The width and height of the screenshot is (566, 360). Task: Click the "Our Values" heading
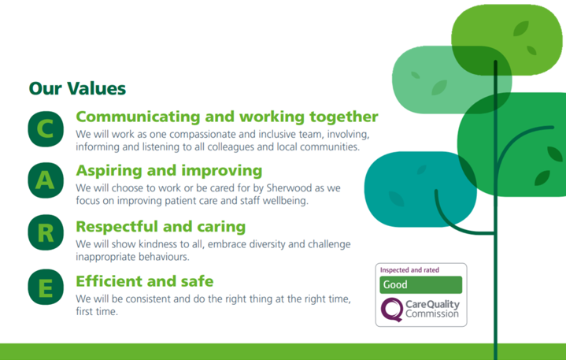77,88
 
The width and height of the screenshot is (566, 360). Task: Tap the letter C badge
46,129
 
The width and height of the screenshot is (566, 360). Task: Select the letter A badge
46,180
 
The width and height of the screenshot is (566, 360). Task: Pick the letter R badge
46,232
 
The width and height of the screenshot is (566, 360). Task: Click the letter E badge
46,287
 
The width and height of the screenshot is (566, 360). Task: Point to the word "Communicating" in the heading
138,117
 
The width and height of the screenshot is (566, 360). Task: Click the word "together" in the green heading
344,117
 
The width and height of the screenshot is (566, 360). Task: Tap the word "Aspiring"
109,171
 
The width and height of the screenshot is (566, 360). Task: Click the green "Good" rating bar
421,285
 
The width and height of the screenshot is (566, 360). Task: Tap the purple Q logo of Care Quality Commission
392,310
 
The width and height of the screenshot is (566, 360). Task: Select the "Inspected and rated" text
409,270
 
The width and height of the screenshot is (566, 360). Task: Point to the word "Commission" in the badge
432,314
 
